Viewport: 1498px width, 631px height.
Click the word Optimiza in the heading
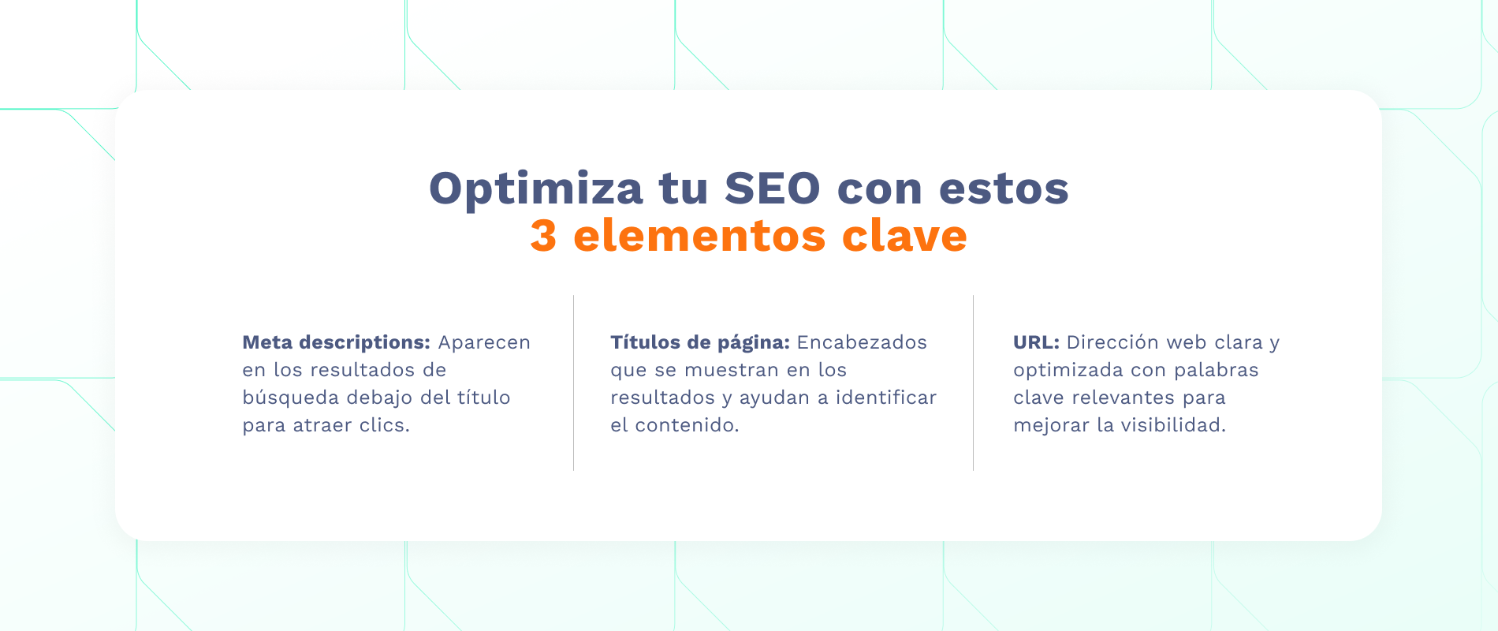536,189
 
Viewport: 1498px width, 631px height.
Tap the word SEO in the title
773,189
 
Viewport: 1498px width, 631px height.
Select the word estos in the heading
1004,189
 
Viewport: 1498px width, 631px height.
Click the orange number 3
543,236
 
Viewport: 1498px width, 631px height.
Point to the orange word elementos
699,236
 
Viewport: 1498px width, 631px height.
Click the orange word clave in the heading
904,236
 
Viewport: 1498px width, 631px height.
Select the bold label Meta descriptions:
336,342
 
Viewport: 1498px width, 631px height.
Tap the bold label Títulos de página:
699,342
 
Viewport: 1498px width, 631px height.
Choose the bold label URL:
1036,342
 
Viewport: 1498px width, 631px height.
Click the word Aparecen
484,342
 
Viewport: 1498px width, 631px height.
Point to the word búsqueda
291,398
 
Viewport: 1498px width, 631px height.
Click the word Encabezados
862,342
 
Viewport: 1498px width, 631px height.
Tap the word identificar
886,398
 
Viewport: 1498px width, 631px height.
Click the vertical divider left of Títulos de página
573,383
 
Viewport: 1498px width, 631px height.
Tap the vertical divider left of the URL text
973,383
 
